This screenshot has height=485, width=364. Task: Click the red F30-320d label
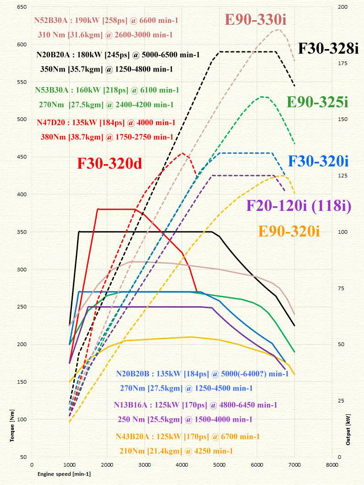110,164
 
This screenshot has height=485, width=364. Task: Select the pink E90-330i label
259,20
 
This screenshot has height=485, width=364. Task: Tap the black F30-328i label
328,48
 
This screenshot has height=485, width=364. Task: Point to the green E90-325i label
317,102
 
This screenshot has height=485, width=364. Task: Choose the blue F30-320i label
319,161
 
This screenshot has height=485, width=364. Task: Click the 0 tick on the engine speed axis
32,464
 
